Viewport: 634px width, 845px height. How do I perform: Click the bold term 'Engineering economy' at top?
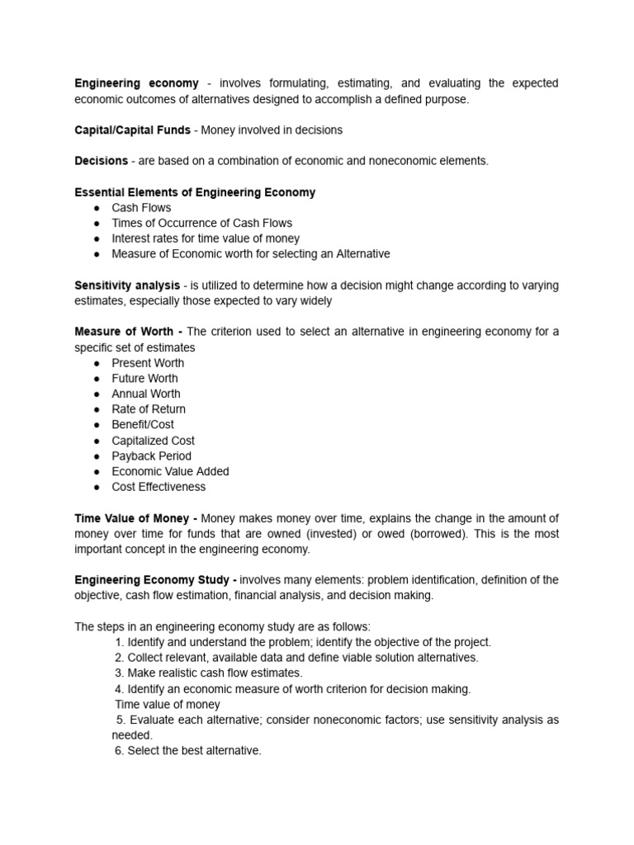(136, 83)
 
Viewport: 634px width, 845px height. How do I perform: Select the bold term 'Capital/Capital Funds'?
(132, 130)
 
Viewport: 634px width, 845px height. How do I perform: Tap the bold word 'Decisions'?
(102, 161)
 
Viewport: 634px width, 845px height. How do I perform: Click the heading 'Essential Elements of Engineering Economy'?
(195, 192)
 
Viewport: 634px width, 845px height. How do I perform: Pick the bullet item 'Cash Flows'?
(141, 208)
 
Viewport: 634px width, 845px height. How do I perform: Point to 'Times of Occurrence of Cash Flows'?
(201, 223)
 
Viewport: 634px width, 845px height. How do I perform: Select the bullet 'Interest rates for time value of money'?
(206, 238)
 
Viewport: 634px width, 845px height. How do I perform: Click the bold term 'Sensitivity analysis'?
(127, 286)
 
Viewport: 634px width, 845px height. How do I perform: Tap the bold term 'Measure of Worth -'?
(129, 332)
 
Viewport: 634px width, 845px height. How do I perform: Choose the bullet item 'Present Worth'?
(148, 363)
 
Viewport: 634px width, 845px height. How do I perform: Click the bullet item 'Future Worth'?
(144, 378)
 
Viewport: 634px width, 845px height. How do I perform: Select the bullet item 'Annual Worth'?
(146, 394)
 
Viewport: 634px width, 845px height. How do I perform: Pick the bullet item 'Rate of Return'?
(149, 409)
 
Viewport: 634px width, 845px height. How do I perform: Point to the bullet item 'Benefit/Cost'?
(143, 424)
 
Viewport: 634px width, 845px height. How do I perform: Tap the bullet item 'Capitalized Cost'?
(153, 441)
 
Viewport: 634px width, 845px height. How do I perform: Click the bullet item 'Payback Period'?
(151, 456)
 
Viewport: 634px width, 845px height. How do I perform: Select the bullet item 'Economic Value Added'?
(170, 471)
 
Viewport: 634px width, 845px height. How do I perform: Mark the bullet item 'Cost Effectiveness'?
(158, 487)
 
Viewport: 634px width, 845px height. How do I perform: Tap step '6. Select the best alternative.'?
(187, 750)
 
